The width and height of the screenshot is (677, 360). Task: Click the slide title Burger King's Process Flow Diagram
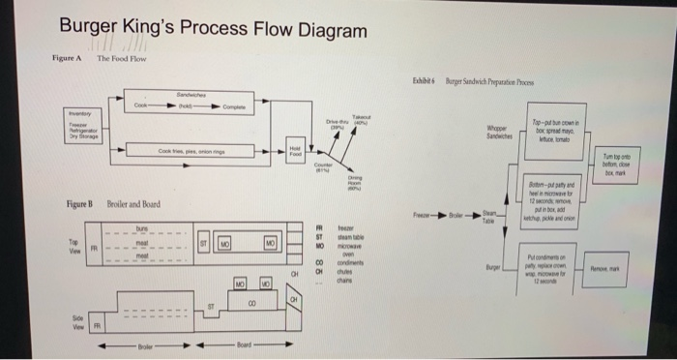click(x=213, y=31)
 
